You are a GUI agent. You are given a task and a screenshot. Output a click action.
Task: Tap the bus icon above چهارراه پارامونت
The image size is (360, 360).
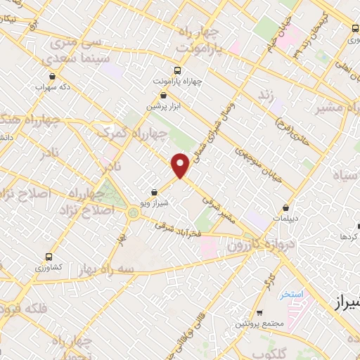pyautogui.click(x=176, y=70)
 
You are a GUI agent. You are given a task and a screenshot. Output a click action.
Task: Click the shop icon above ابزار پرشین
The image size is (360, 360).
pyautogui.click(x=164, y=95)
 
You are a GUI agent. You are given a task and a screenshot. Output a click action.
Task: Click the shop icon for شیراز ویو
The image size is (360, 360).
pyautogui.click(x=155, y=191)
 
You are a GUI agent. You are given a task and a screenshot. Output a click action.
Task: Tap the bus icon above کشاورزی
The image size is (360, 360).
pyautogui.click(x=49, y=257)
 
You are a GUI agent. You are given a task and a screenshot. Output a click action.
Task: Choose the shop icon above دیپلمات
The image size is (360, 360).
pyautogui.click(x=285, y=207)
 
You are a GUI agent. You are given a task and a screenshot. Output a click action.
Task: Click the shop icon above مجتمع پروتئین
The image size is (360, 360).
pyautogui.click(x=259, y=313)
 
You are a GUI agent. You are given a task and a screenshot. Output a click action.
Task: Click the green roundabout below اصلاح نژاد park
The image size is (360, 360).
pyautogui.click(x=134, y=212)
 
